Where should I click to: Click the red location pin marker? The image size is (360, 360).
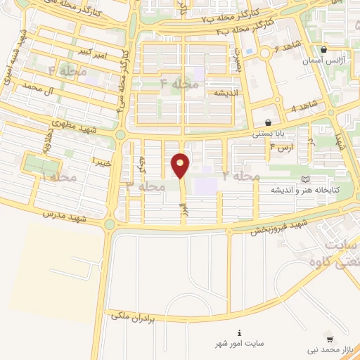tap(181, 165)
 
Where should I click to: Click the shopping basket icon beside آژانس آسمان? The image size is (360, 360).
tap(323, 50)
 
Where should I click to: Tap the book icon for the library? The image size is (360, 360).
tap(304, 179)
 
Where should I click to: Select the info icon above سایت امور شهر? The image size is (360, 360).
tap(239, 333)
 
